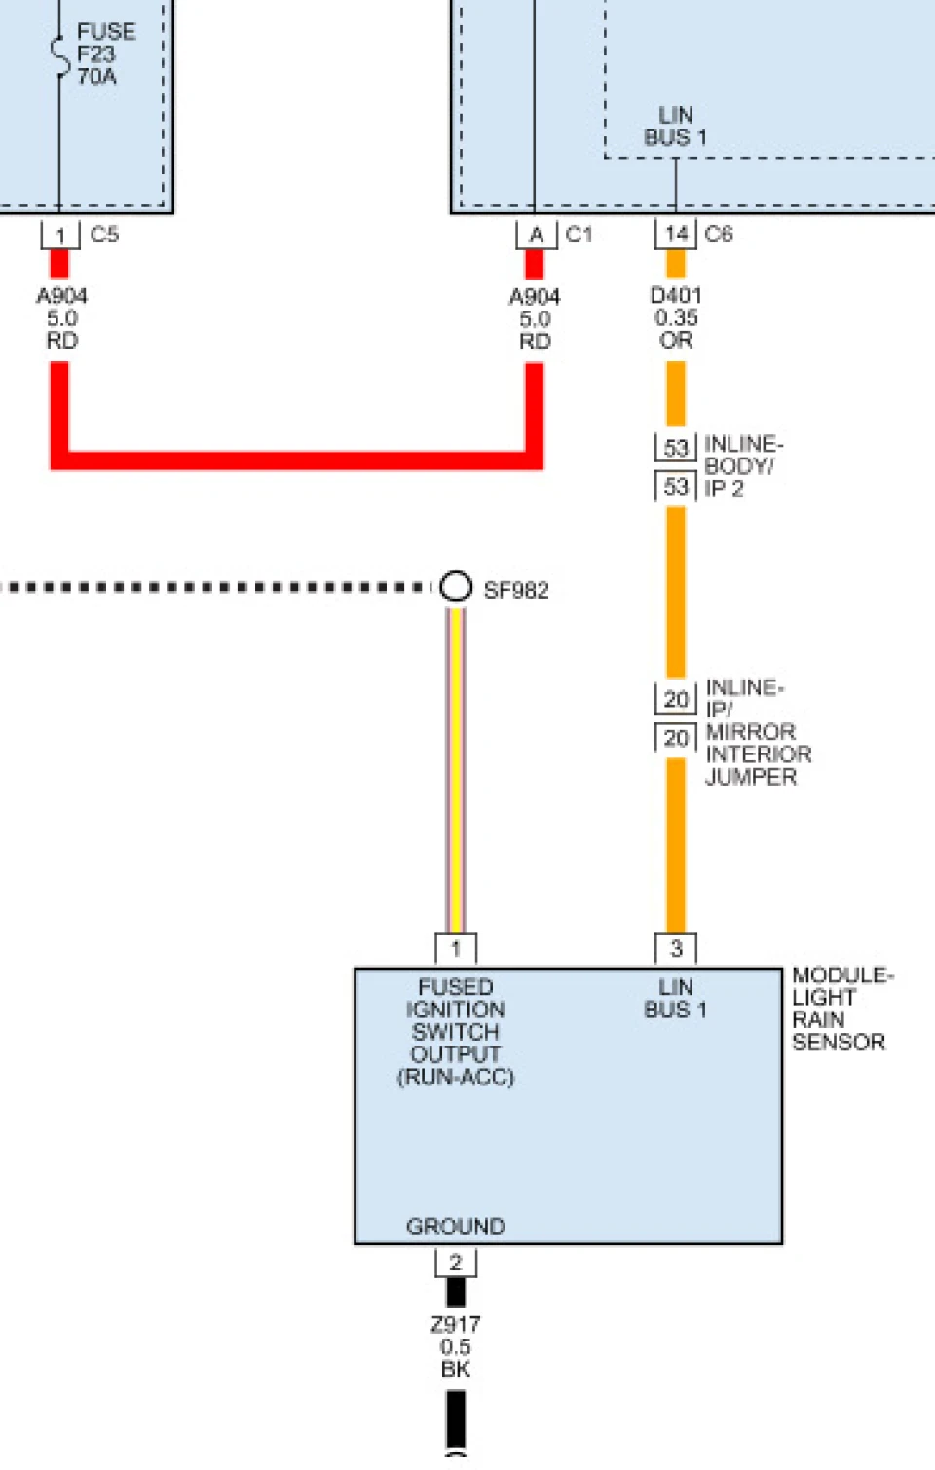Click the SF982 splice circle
point(456,586)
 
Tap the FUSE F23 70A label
point(106,54)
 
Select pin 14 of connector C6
point(676,235)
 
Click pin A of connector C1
point(536,235)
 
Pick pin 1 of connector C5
point(60,235)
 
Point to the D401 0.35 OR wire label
point(676,317)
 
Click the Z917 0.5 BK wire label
point(455,1346)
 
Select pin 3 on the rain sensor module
point(676,948)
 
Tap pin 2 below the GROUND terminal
point(456,1262)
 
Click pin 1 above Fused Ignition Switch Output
point(456,948)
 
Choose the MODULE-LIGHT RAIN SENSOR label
point(842,1009)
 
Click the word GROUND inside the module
point(456,1226)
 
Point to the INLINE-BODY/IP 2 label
point(743,466)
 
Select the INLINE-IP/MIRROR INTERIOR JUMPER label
point(758,732)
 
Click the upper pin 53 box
point(676,448)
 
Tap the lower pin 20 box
point(676,738)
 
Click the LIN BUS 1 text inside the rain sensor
point(675,998)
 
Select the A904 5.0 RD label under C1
point(535,319)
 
